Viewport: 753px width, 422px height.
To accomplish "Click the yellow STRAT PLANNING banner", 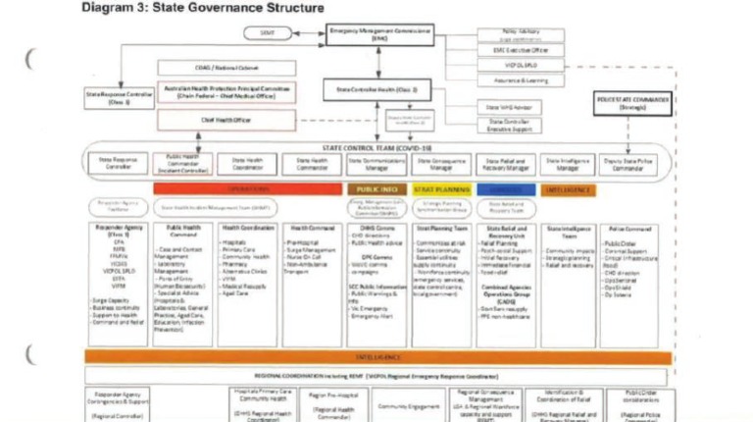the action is tap(439, 187).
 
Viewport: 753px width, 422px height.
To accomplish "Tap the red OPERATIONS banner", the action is tap(247, 187).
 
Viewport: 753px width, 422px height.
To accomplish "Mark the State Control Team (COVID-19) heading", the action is tap(377, 147).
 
